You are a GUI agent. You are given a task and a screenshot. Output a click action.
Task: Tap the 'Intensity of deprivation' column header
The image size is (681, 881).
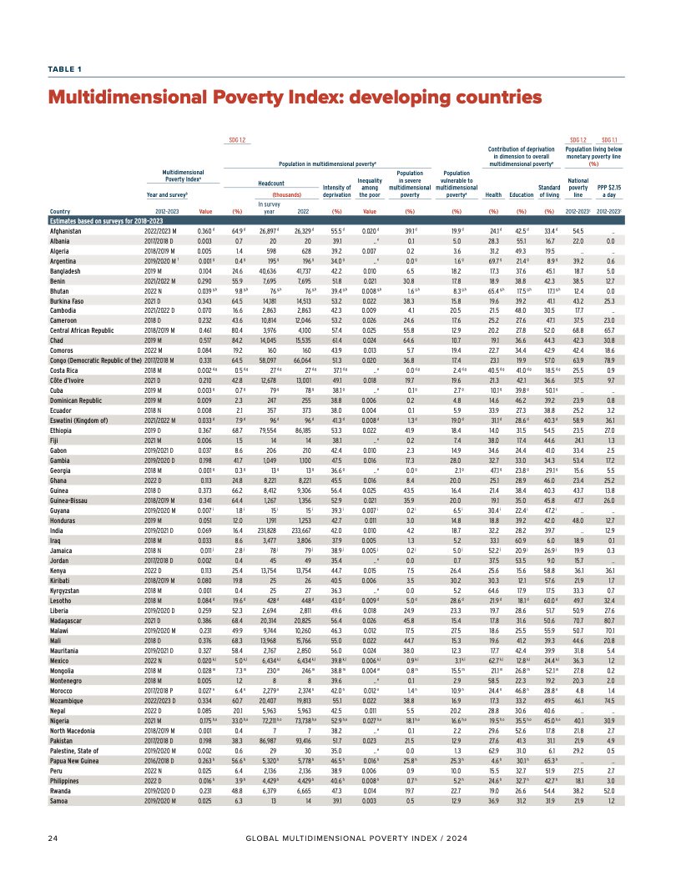coord(336,191)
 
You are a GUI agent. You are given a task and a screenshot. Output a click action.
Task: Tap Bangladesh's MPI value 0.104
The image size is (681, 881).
coord(203,271)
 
